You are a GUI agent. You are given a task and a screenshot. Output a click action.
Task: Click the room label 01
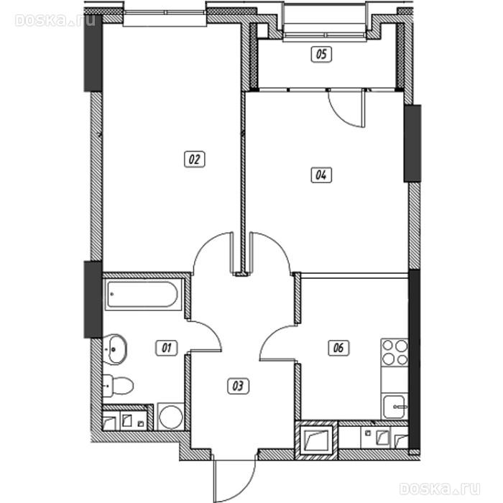(167, 348)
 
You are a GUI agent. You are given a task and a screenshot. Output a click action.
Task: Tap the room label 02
(195, 160)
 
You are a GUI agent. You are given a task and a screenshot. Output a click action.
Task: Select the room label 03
(238, 386)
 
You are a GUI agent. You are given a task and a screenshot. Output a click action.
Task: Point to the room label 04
(321, 175)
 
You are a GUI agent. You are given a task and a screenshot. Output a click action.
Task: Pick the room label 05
(321, 54)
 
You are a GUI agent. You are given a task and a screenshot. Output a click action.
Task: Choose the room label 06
(338, 348)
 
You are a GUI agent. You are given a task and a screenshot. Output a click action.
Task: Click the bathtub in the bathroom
(142, 295)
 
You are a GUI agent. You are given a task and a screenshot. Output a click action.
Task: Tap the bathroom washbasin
(114, 349)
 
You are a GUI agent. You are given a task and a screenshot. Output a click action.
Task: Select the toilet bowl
(117, 385)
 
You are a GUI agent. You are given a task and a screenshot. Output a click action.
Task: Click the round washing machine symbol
(171, 416)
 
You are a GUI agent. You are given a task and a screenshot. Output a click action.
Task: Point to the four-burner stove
(394, 352)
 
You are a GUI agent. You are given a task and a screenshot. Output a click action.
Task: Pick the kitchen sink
(395, 407)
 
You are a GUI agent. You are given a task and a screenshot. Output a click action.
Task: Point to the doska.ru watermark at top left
(55, 20)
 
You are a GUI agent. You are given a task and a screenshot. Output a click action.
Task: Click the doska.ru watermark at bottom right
(440, 489)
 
